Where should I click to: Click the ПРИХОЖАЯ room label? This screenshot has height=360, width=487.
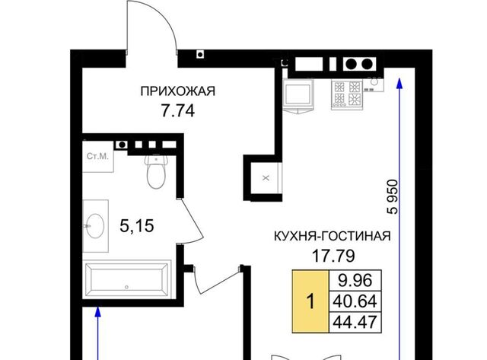177,91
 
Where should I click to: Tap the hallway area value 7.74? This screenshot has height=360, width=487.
177,110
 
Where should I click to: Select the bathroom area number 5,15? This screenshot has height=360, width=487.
137,226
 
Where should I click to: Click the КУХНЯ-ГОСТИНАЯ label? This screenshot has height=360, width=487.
333,236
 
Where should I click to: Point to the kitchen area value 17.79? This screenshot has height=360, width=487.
333,256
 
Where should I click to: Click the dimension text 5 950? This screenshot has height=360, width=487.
393,197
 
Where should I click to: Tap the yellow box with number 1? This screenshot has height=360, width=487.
310,301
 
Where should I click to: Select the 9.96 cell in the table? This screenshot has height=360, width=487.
355,281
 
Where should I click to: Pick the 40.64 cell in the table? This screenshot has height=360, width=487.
355,301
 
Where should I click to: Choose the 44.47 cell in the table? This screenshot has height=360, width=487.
355,322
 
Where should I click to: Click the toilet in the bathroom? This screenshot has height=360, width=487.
156,172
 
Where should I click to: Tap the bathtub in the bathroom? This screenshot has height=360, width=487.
127,279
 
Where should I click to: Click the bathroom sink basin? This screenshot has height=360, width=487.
95,226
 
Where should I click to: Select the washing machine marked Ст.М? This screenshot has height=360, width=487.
98,156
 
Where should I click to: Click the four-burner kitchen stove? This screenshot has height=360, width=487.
347,94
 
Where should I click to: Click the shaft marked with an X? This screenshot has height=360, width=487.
266,178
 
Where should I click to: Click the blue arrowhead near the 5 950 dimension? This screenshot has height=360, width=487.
399,84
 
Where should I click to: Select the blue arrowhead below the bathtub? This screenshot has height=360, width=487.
98,312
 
